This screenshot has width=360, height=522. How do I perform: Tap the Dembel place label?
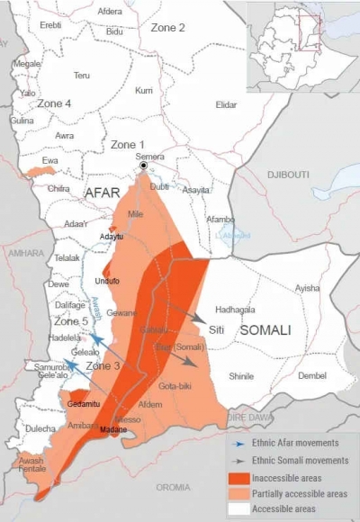click(312, 375)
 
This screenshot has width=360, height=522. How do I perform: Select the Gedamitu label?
click(84, 404)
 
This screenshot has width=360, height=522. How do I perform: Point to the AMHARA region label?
click(20, 254)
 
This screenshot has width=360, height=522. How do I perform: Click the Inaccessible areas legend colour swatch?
click(241, 478)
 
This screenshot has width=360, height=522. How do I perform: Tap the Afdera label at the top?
click(110, 12)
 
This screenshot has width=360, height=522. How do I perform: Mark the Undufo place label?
click(107, 281)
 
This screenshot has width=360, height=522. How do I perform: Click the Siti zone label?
click(216, 329)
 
